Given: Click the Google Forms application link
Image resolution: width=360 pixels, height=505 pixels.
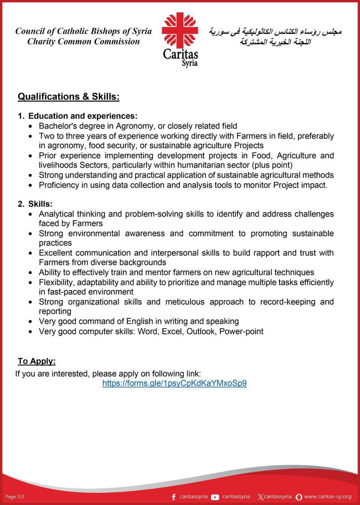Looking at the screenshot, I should click(174, 383).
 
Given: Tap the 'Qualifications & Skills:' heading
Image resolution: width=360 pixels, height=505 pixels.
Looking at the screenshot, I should click(69, 97).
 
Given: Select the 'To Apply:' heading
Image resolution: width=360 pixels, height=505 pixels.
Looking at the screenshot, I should click(37, 361).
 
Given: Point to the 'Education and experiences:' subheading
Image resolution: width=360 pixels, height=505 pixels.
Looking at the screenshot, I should click(83, 116).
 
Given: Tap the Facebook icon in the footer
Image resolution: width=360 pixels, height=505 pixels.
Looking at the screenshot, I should click(174, 497).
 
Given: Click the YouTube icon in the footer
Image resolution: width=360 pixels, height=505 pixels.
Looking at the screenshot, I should click(215, 497).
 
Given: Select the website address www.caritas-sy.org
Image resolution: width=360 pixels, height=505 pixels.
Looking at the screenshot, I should click(328, 496).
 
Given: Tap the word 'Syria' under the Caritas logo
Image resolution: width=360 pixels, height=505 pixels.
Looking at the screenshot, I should click(190, 63).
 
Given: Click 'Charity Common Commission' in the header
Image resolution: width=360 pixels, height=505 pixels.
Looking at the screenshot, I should click(84, 41).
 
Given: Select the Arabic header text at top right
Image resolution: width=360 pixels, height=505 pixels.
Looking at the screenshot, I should click(275, 36).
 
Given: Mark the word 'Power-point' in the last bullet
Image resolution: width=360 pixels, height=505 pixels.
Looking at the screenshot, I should click(241, 331).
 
